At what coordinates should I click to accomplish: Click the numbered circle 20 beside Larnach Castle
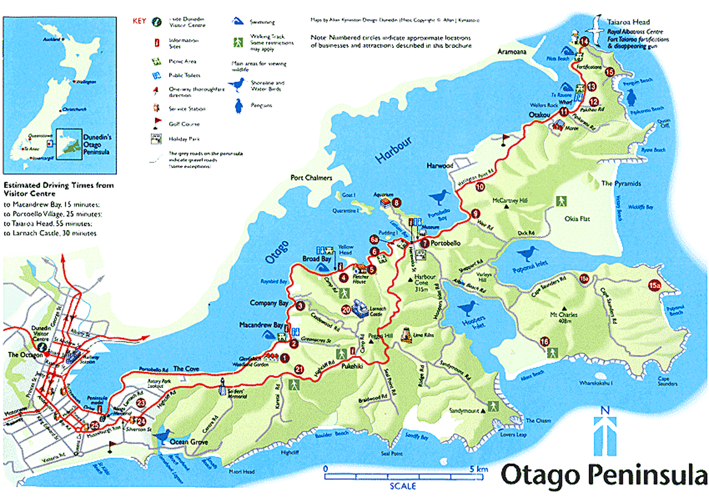click(346, 308)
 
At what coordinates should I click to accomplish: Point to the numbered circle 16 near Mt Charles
click(544, 341)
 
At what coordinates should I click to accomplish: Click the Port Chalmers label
click(311, 178)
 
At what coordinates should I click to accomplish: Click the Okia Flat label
click(577, 219)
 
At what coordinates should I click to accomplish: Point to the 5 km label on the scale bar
click(479, 469)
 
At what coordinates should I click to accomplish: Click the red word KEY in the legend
click(138, 20)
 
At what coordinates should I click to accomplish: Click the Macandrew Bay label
click(261, 325)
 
